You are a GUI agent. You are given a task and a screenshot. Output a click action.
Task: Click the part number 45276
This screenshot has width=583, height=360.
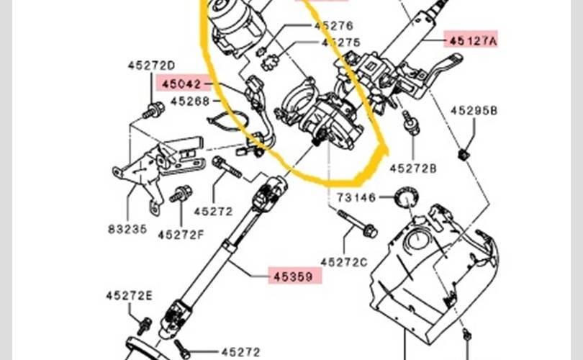click(x=333, y=26)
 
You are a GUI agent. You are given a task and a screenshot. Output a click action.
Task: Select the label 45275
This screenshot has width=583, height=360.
click(x=341, y=42)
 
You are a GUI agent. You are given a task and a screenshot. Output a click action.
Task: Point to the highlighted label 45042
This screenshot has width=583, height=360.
click(x=181, y=84)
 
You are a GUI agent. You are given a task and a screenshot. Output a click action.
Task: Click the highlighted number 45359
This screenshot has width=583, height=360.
click(x=293, y=276)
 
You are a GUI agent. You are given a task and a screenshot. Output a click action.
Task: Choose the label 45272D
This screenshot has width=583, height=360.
click(x=151, y=66)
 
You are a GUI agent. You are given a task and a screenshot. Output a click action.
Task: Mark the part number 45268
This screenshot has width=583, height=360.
click(x=190, y=101)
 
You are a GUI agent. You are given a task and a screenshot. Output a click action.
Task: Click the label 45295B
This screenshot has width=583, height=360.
click(x=474, y=110)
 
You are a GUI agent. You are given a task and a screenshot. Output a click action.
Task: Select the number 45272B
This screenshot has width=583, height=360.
click(x=413, y=168)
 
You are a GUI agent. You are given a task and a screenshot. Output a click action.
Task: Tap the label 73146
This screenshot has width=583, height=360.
click(x=356, y=197)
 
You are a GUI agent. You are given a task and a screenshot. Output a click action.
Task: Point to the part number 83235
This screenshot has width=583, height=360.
click(x=127, y=229)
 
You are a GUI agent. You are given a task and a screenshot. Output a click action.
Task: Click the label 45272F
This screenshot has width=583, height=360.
click(x=181, y=235)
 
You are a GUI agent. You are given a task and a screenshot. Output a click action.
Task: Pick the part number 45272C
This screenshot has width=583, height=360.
click(x=344, y=262)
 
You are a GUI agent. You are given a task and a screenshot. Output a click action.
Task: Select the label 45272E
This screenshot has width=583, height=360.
click(x=130, y=296)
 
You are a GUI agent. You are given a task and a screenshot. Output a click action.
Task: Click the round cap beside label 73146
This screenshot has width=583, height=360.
click(x=407, y=197)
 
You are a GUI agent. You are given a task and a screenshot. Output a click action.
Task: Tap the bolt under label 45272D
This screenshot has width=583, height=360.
click(x=153, y=110)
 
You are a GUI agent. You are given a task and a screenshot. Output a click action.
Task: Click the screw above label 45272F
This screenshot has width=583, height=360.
click(x=181, y=194)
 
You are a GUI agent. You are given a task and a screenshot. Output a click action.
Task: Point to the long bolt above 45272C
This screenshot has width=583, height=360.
click(x=357, y=224)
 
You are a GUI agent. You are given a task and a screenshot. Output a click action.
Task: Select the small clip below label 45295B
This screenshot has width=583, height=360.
click(x=463, y=154)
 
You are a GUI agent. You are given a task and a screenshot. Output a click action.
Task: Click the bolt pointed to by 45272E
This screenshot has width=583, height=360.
click(x=144, y=326)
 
